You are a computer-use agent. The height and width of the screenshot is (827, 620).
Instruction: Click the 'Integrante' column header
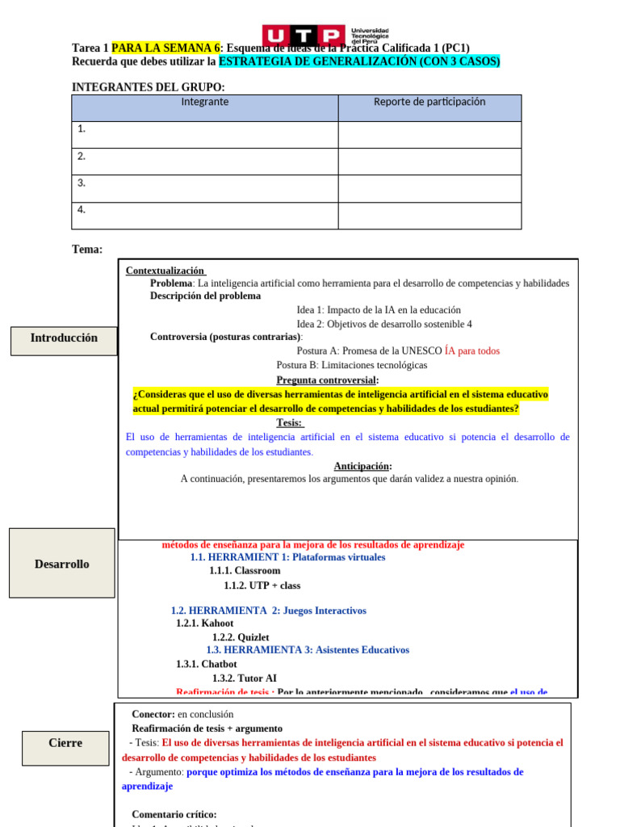204,103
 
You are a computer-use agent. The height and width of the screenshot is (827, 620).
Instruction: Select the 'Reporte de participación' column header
429,103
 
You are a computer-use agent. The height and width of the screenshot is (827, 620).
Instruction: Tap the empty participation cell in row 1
429,135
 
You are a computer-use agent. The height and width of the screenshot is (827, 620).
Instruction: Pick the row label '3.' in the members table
82,183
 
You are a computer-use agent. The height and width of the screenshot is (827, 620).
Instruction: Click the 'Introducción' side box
64,338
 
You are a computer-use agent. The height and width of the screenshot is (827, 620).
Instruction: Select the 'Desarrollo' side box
62,564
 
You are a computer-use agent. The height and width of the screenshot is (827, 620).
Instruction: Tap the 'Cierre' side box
65,743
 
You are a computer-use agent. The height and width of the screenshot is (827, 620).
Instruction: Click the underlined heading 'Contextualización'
165,271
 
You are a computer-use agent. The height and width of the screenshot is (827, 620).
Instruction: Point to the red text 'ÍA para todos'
472,351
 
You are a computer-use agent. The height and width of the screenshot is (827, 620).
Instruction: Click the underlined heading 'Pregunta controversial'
327,380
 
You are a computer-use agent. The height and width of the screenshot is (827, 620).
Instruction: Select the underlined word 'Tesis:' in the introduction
290,422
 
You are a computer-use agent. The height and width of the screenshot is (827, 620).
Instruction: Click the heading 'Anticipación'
362,466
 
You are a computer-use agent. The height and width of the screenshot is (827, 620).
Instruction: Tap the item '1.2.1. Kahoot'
205,623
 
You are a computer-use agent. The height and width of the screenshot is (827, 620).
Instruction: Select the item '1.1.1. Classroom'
245,571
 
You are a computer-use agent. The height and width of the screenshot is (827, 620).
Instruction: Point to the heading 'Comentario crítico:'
174,815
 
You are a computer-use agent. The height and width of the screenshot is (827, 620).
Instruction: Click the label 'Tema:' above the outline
87,250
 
